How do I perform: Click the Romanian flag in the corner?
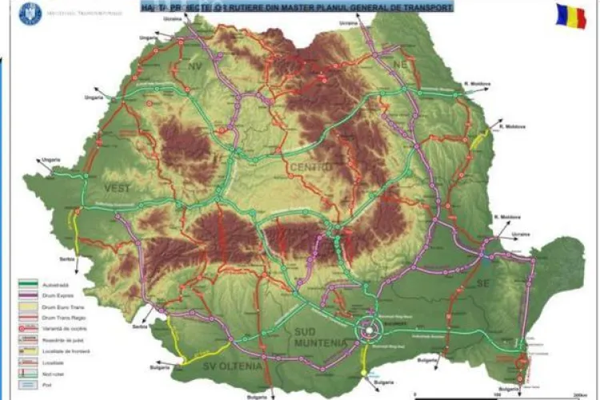coord(571,16)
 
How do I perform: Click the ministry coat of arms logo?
coord(30,13)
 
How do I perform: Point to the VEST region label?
coord(116,187)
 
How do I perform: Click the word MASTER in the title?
coord(304,7)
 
